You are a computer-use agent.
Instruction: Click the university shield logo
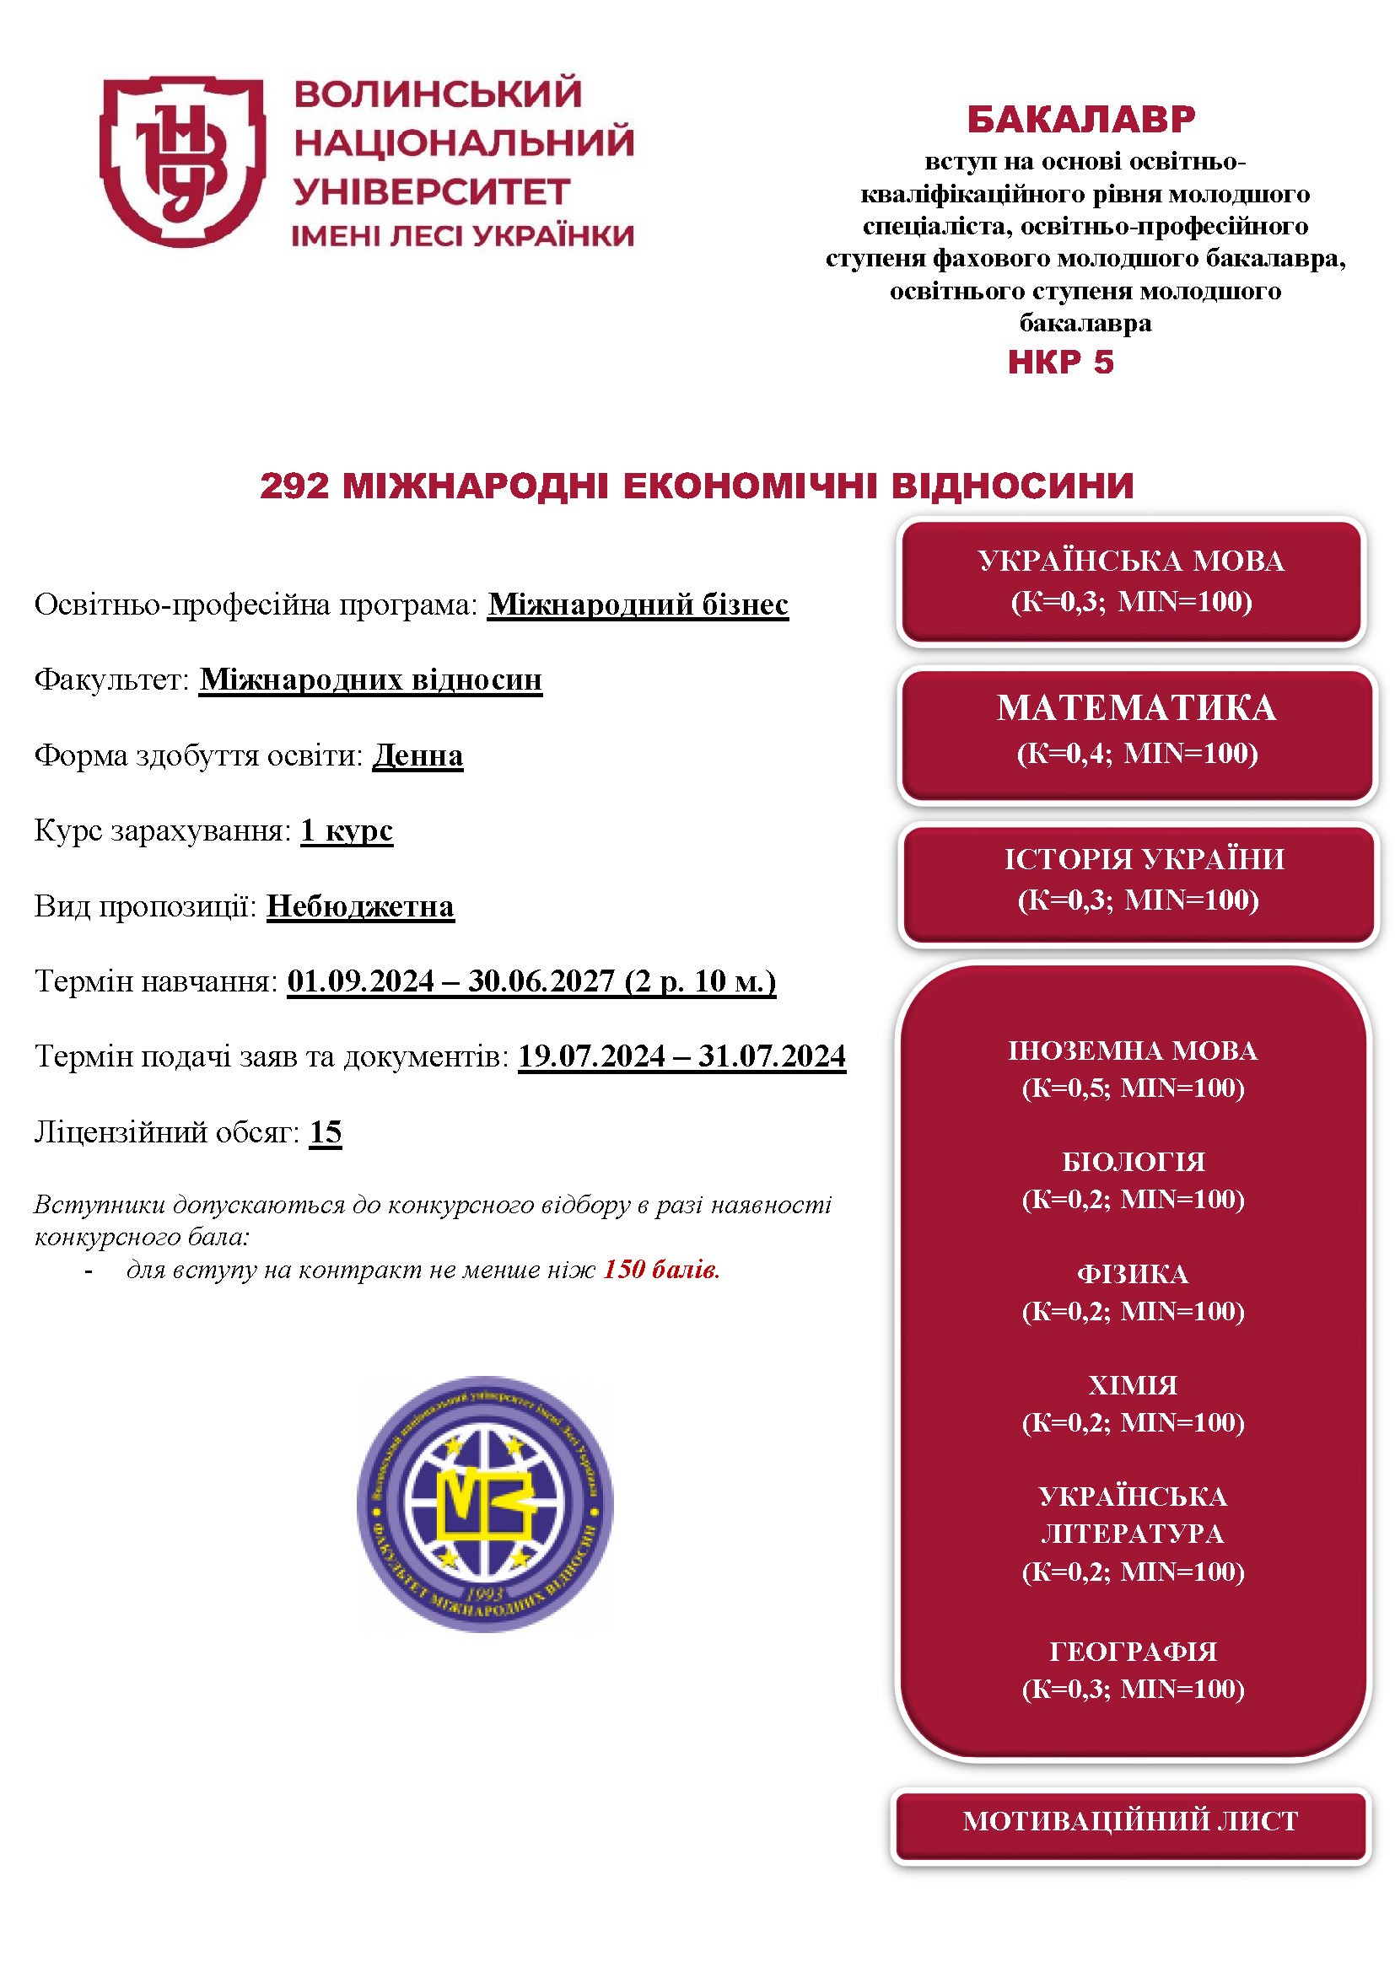182,161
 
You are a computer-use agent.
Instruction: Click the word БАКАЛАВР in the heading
1080,120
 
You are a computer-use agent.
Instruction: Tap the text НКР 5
1060,362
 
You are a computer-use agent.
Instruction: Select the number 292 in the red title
294,486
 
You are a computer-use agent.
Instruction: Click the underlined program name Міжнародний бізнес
638,604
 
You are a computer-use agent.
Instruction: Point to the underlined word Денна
417,755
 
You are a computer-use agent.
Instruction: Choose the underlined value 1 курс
346,830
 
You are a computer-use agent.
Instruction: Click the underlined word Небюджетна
360,906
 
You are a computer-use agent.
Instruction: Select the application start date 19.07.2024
591,1056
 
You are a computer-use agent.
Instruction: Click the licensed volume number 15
326,1132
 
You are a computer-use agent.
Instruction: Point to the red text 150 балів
660,1269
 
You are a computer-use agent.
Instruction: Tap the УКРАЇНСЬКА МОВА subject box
1130,581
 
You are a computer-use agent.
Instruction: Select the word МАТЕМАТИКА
1135,707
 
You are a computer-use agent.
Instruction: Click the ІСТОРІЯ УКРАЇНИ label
1145,859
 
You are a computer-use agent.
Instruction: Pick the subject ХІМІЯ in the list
1132,1384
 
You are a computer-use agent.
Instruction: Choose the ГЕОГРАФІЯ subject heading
1132,1651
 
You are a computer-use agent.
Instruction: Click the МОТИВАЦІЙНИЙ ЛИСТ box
1129,1820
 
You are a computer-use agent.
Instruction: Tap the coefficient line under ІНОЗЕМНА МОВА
1132,1088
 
